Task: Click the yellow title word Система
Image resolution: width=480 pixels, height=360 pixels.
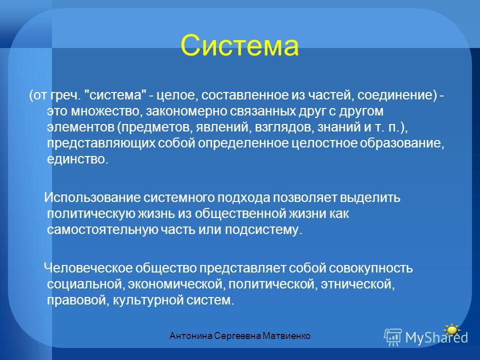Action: (239, 45)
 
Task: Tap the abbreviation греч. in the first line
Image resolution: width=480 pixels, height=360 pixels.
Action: (66, 95)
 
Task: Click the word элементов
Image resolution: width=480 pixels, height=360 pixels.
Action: (80, 127)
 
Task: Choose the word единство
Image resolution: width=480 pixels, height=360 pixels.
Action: (77, 159)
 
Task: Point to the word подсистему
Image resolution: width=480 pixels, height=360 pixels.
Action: (263, 229)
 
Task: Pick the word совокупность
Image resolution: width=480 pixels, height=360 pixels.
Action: (370, 268)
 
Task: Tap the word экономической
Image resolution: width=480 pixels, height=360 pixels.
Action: (176, 284)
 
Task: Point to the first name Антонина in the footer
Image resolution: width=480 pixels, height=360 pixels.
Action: (190, 336)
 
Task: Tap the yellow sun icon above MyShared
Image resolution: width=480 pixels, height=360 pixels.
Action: (451, 329)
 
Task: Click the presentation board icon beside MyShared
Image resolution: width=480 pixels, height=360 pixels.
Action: (393, 336)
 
